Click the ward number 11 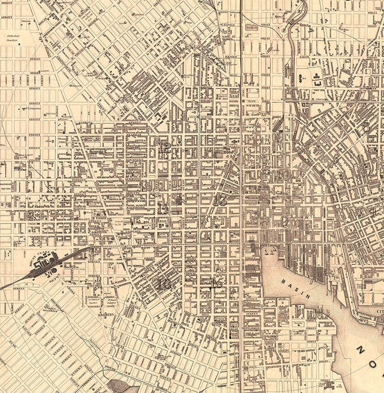(250, 79)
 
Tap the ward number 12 (164, 147)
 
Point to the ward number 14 (163, 208)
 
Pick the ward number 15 (216, 283)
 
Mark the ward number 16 (165, 284)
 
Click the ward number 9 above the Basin (285, 222)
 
